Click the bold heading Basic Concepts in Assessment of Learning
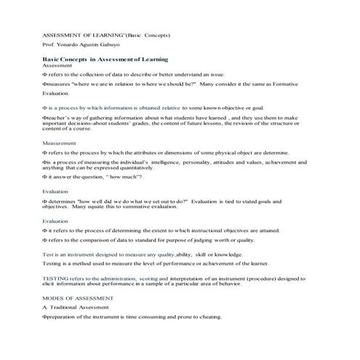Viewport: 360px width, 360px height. tap(105, 59)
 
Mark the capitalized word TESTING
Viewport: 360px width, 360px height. tap(55, 278)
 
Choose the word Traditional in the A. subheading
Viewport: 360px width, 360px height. tap(71, 308)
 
